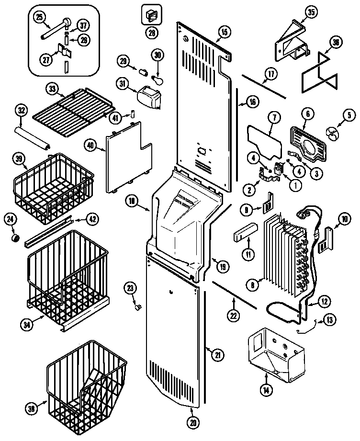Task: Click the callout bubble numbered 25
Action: point(39,17)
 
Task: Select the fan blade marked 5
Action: point(332,131)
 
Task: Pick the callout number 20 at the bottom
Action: point(193,423)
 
